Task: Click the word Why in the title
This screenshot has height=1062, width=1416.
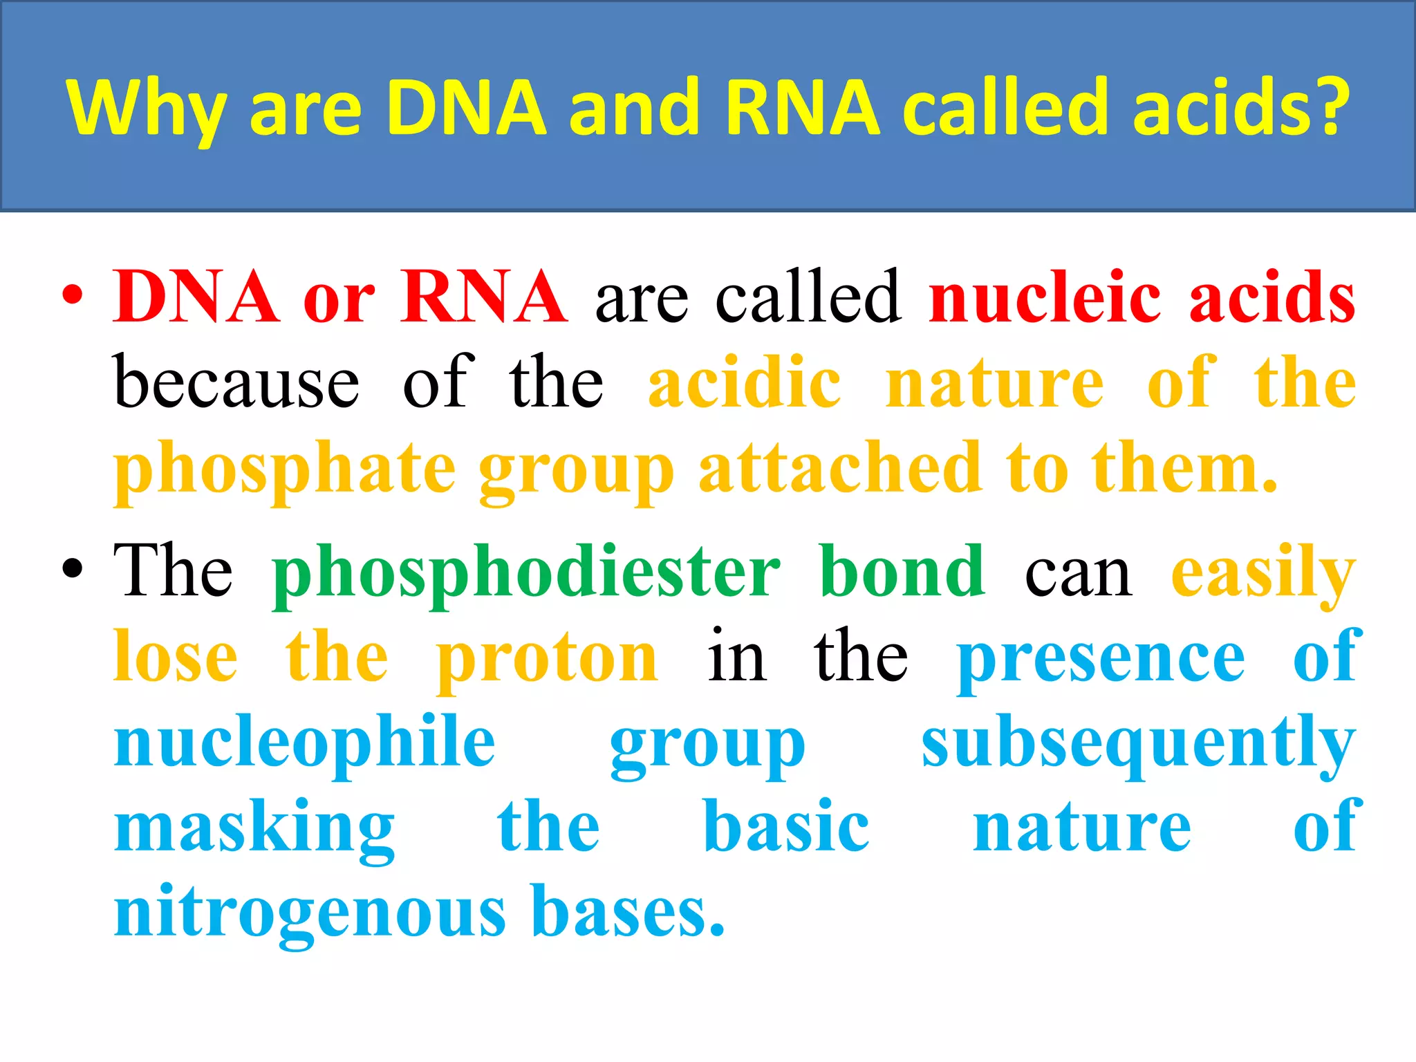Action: tap(146, 109)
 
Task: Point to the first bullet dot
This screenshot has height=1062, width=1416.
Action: tap(73, 297)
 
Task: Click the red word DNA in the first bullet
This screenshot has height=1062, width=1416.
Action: tap(196, 297)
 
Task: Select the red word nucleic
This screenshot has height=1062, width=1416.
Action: tap(1045, 297)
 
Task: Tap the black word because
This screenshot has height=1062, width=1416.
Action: tap(236, 382)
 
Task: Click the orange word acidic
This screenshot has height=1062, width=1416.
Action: tap(744, 382)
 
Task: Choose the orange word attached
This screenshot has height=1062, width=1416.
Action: tap(839, 468)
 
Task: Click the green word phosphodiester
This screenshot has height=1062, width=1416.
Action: tap(526, 573)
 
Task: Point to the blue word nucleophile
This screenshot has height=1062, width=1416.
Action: tap(305, 744)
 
